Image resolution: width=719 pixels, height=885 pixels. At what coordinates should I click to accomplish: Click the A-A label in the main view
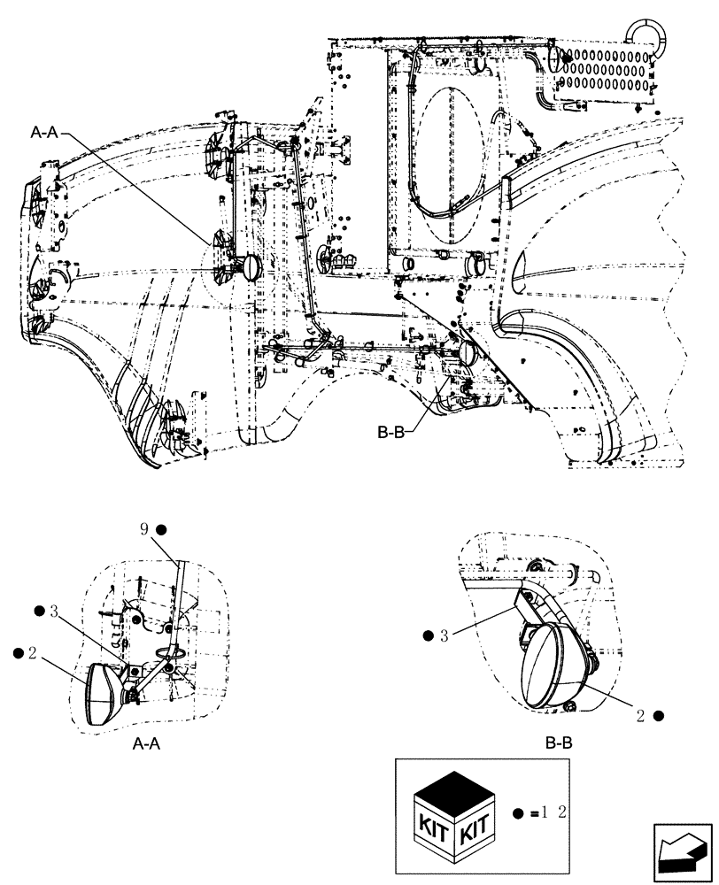44,133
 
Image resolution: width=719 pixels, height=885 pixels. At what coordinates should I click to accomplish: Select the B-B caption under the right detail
558,744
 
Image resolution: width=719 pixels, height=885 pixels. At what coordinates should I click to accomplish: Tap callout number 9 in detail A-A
144,530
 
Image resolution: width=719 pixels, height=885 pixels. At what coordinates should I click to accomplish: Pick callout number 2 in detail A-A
31,652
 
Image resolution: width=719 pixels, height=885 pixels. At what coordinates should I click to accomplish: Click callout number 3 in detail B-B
444,635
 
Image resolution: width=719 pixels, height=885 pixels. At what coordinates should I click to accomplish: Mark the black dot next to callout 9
161,530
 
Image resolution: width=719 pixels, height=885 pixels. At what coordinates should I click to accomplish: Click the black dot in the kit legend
518,812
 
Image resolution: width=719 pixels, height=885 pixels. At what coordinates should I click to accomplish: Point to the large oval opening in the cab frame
452,164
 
